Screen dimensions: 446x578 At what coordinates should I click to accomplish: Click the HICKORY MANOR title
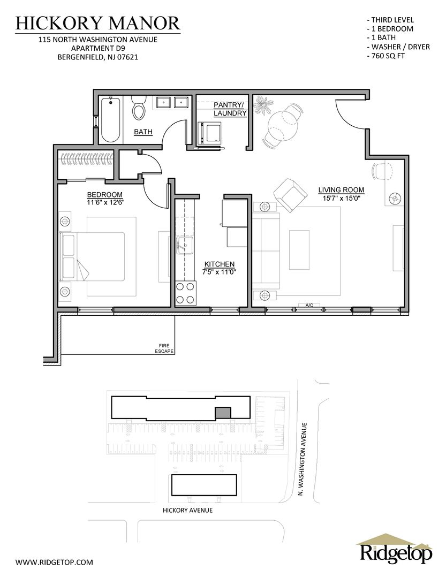[98, 23]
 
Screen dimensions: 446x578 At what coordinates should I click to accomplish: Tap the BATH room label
[143, 132]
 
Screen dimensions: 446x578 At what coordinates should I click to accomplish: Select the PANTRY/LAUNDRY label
[230, 109]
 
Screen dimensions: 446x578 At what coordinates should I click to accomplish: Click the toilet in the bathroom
[139, 107]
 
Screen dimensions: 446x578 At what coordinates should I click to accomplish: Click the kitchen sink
[185, 245]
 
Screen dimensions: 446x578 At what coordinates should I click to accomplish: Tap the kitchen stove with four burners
[186, 293]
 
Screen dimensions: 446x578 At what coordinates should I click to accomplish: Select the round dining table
[283, 124]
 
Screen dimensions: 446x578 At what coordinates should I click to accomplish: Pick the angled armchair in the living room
[290, 195]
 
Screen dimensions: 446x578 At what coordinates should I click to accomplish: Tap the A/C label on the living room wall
[309, 305]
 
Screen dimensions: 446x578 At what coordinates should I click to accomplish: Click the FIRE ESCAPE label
[164, 348]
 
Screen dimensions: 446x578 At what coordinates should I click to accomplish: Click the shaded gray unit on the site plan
[223, 413]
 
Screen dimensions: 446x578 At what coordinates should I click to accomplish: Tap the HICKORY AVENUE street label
[187, 510]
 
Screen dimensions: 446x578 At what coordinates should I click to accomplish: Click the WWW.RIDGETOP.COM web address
[54, 562]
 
